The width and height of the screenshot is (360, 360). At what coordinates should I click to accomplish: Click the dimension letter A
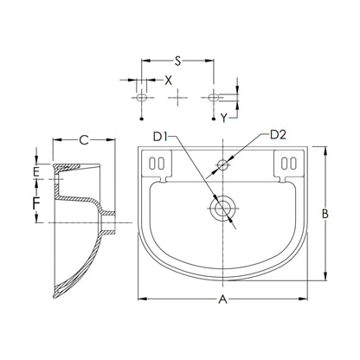pyautogui.click(x=222, y=299)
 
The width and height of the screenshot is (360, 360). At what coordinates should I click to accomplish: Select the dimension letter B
pyautogui.click(x=325, y=214)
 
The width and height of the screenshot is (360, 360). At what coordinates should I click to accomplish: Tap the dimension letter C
pyautogui.click(x=84, y=140)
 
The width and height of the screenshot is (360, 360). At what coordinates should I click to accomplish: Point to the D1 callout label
pyautogui.click(x=160, y=137)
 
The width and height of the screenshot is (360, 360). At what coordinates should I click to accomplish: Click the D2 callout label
pyautogui.click(x=279, y=135)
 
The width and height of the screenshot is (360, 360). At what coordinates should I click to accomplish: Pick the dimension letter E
pyautogui.click(x=35, y=172)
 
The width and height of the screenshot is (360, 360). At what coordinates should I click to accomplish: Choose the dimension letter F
pyautogui.click(x=36, y=203)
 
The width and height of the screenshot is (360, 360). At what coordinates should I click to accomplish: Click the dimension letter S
pyautogui.click(x=177, y=61)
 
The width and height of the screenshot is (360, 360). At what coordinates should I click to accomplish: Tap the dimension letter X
pyautogui.click(x=168, y=80)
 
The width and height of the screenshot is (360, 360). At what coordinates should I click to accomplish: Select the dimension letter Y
pyautogui.click(x=224, y=118)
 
